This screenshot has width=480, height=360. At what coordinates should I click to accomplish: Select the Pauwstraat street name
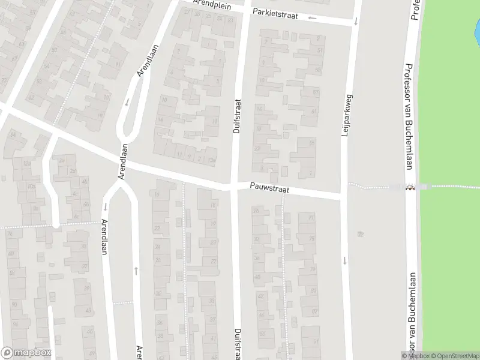(x=270, y=189)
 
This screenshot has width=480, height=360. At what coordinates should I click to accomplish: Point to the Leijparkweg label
(x=345, y=115)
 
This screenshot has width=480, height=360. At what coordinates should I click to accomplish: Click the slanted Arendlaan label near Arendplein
(x=147, y=60)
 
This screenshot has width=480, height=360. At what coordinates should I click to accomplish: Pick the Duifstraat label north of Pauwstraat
(x=236, y=116)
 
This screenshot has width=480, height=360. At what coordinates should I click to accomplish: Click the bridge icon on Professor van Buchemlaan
(x=410, y=187)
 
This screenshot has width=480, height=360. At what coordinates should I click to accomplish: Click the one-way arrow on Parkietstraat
(x=312, y=17)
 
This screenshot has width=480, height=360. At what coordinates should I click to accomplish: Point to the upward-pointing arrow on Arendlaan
(x=136, y=271)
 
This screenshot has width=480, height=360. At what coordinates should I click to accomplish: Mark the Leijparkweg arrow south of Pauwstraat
(x=345, y=260)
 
